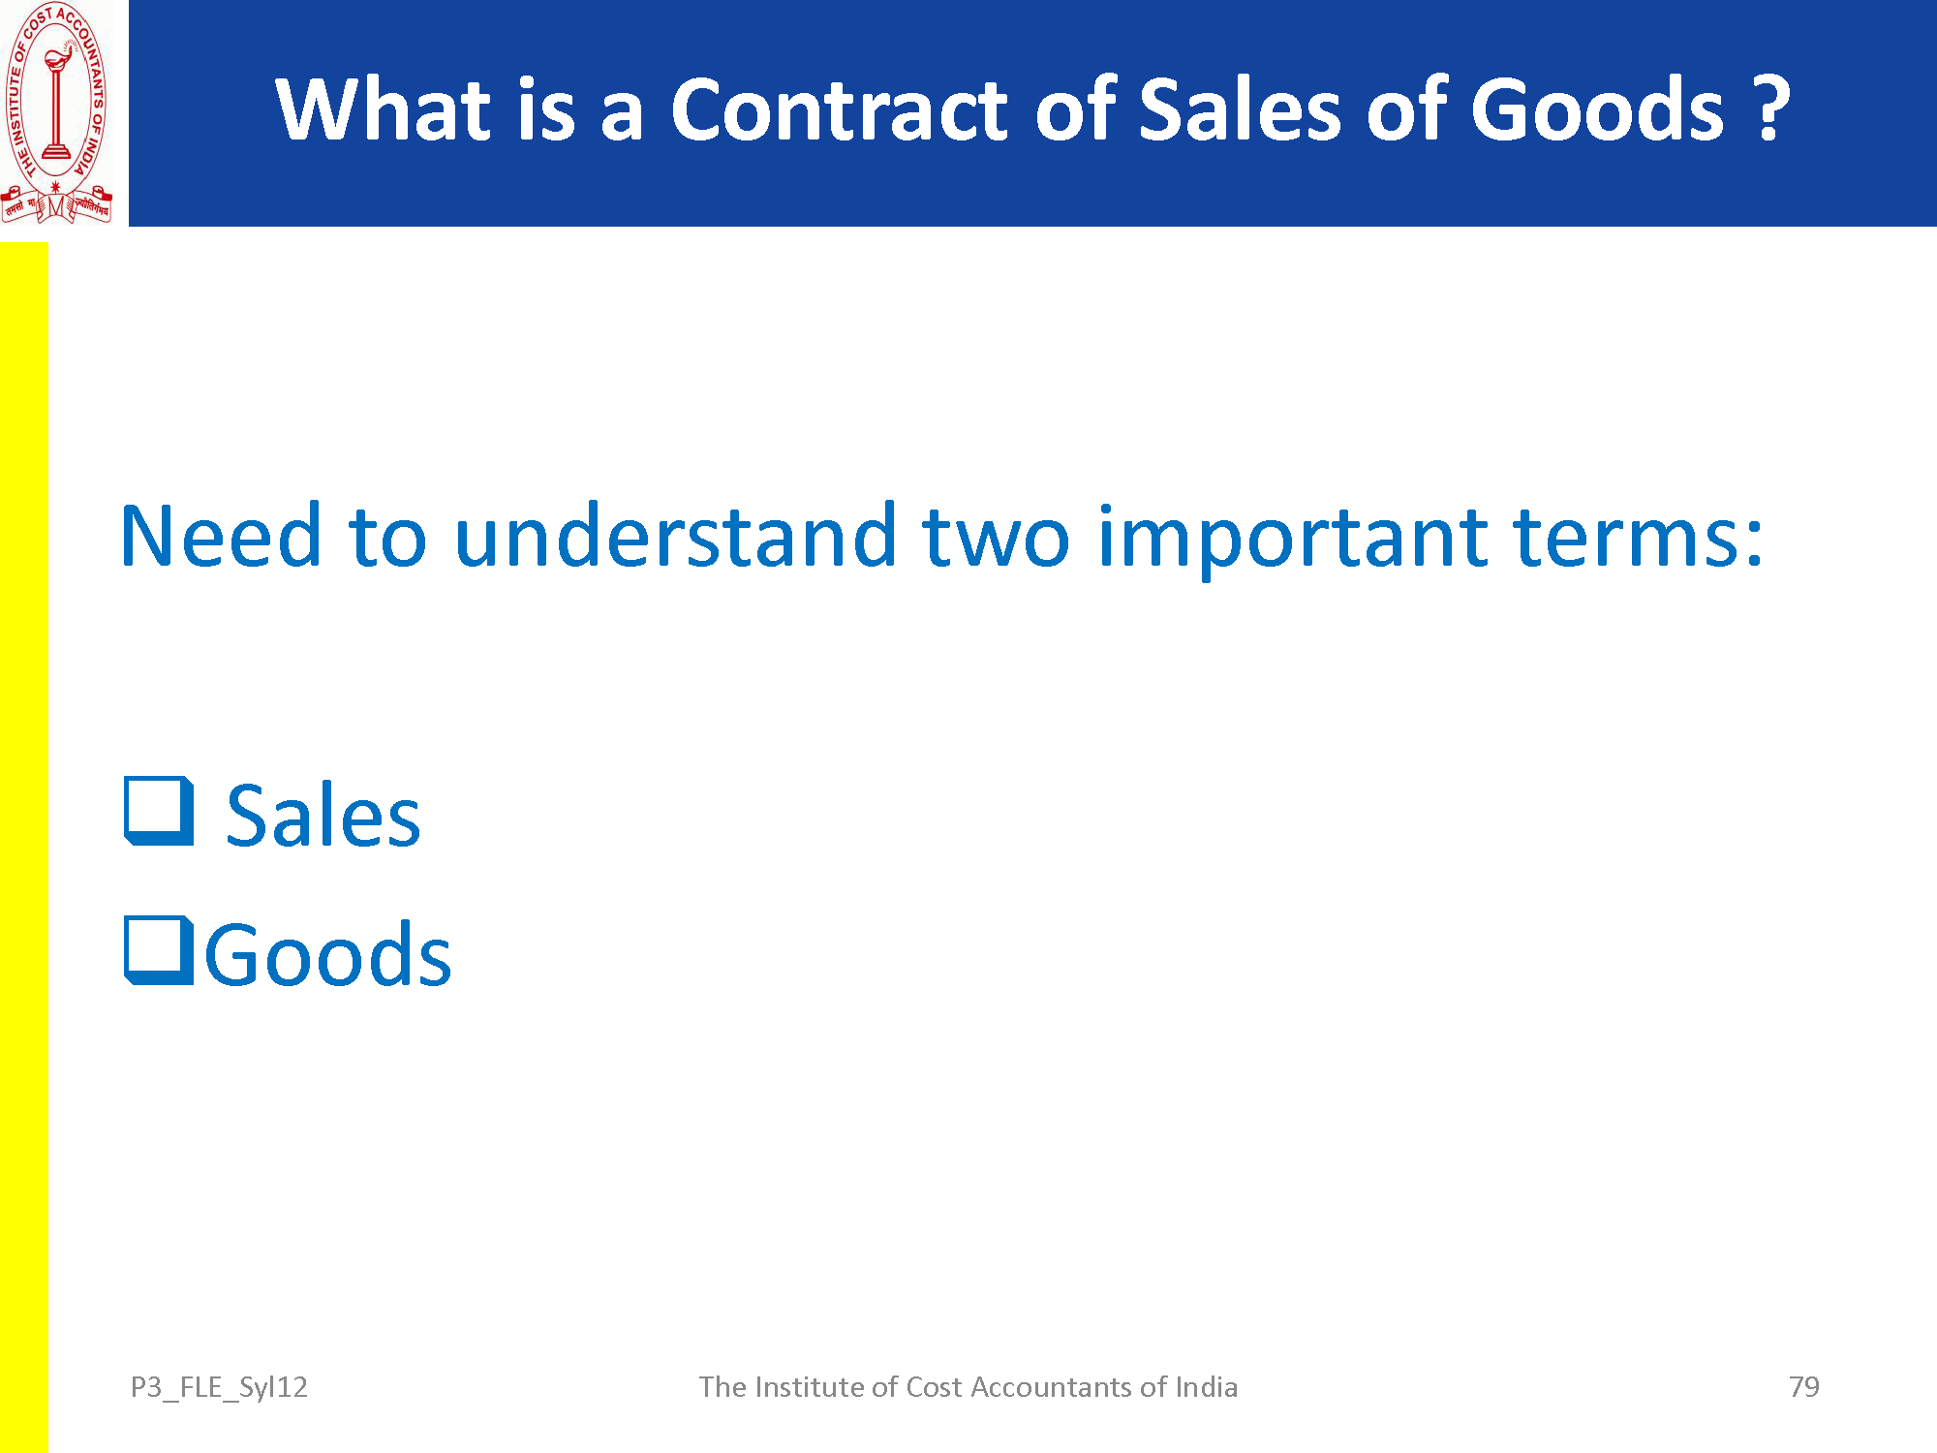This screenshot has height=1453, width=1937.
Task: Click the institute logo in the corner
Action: tap(56, 112)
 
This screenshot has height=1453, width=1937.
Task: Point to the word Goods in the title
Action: tap(1598, 109)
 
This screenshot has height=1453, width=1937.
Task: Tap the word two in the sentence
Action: tap(996, 539)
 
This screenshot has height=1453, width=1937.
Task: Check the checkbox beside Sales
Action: tap(159, 811)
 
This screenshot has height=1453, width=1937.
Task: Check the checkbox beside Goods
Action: tap(159, 950)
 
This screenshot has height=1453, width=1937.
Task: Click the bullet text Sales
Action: tap(323, 816)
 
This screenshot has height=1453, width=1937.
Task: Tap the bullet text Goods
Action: tap(328, 955)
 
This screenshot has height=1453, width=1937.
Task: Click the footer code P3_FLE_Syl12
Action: tap(219, 1388)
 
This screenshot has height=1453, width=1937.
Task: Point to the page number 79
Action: tap(1804, 1387)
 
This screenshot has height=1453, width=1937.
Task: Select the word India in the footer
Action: tap(1206, 1387)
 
